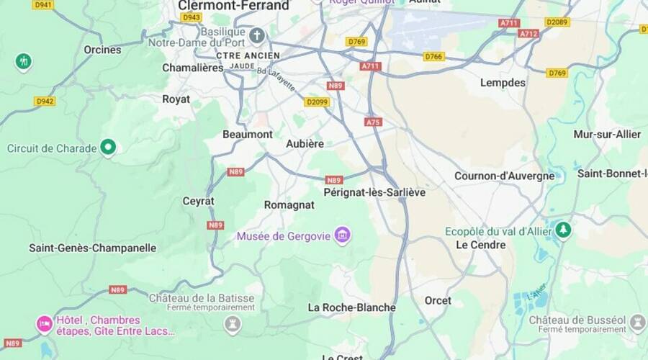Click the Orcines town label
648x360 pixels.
pos(102,50)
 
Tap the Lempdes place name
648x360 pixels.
pos(503,83)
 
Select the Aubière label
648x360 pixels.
pos(305,144)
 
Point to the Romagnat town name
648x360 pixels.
pos(289,205)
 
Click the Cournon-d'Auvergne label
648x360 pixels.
pos(504,176)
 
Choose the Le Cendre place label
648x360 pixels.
pos(480,245)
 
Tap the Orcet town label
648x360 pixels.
pos(438,300)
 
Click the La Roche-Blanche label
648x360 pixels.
pos(351,307)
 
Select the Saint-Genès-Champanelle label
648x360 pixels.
pos(92,248)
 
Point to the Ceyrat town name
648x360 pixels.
pos(198,201)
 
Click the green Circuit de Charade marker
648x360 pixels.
pos(108,148)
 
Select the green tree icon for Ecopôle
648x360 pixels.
pos(563,230)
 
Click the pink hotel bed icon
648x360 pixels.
pos(44,325)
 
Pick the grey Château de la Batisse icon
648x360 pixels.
pos(232,325)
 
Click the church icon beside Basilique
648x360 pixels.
pos(258,35)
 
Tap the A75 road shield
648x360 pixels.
pos(372,122)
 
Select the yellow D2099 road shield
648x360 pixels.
pos(316,102)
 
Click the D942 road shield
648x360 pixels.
pos(44,102)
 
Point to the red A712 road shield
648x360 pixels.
pos(528,34)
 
